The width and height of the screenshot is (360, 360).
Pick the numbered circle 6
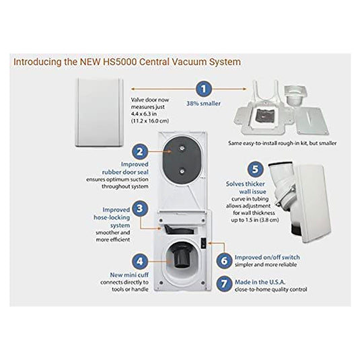click(x=224, y=258)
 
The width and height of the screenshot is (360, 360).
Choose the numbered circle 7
click(x=224, y=283)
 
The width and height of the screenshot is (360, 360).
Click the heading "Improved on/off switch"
click(x=266, y=256)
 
